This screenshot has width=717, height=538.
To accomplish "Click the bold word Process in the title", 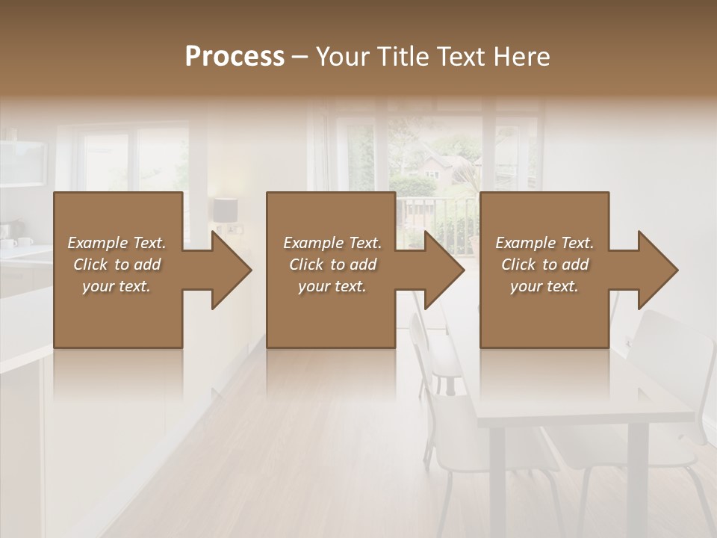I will coord(235,57).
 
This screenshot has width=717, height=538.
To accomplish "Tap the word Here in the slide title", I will coord(522,57).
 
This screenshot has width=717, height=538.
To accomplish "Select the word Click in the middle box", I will coord(306,265).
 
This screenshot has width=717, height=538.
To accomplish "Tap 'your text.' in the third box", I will coord(544,286).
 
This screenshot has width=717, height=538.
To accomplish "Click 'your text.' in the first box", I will coord(117,286).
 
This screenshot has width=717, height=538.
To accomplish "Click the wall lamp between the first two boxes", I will coord(224,209).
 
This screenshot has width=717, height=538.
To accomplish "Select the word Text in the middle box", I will coord(366,243).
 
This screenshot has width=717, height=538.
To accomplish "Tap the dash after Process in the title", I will coord(300,57).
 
